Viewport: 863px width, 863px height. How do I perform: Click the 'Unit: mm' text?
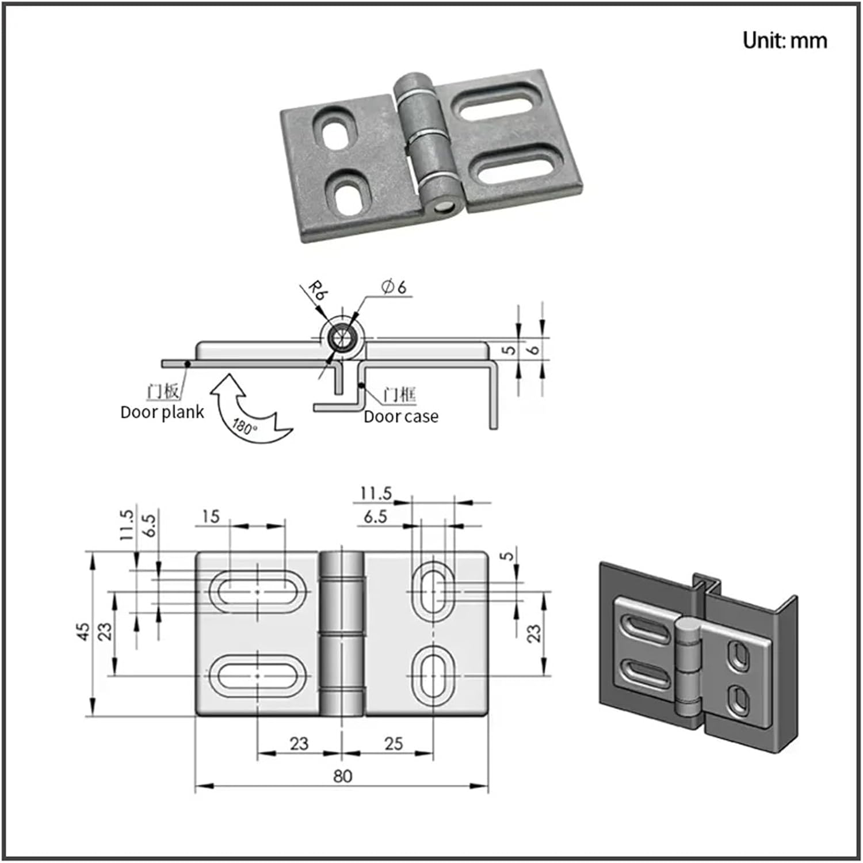click(x=784, y=41)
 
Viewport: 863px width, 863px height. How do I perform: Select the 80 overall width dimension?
click(x=342, y=776)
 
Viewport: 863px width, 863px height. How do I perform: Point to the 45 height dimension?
click(x=84, y=631)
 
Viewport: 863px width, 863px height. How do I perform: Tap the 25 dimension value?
click(x=394, y=743)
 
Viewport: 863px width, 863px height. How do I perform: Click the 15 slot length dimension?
click(x=211, y=516)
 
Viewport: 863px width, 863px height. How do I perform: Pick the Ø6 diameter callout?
click(x=394, y=287)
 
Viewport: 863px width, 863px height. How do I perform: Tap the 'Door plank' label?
click(x=162, y=413)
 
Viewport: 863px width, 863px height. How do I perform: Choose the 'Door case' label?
click(x=401, y=417)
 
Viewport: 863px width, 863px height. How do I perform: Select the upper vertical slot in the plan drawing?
click(x=434, y=591)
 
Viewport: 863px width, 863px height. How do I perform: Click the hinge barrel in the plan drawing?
click(x=342, y=633)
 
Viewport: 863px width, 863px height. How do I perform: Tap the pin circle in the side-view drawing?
click(x=342, y=338)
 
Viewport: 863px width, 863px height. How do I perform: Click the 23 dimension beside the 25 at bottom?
click(x=299, y=743)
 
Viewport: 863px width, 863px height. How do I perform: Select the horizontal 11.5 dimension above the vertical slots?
click(x=376, y=493)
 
